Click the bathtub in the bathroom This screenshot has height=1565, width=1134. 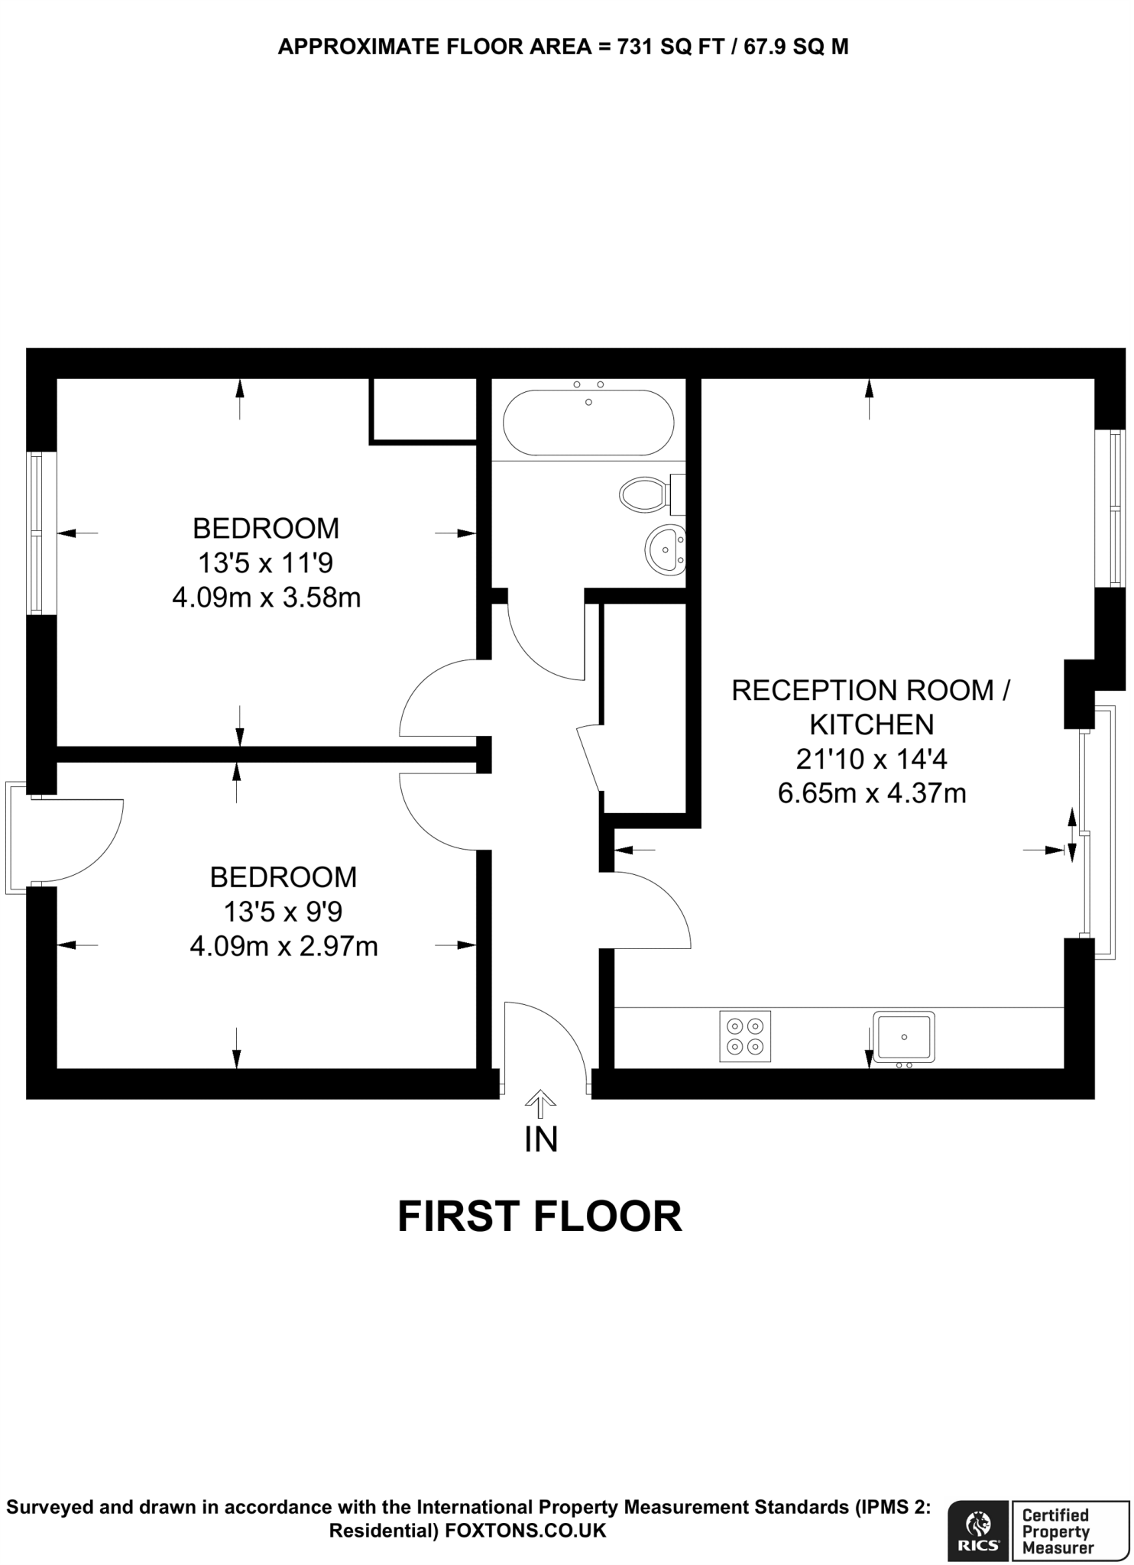point(588,423)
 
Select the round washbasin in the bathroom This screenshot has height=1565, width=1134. point(666,549)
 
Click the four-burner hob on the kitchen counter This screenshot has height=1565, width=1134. point(745,1036)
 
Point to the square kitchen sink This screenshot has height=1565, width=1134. point(904,1036)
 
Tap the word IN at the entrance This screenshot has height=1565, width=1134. point(541,1139)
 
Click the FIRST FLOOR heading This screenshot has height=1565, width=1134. point(539,1217)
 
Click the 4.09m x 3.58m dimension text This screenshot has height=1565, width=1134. point(266,598)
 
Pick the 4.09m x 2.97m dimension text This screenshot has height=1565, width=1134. point(283,947)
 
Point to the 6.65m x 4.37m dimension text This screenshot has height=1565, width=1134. point(872,793)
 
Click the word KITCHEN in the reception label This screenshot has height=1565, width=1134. point(872,724)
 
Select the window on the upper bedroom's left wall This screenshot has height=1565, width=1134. point(35,533)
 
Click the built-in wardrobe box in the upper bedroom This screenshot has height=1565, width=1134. point(423,410)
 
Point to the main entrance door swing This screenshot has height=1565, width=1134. point(544,1043)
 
